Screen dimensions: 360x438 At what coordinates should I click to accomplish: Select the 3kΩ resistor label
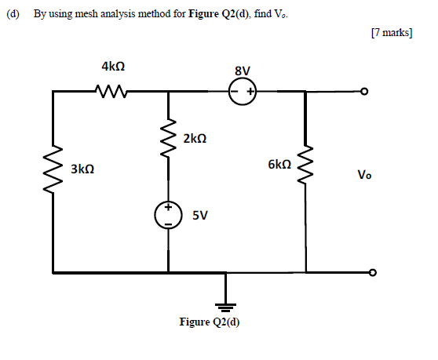[x=82, y=169]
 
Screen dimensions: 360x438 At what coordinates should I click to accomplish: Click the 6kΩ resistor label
[x=279, y=165]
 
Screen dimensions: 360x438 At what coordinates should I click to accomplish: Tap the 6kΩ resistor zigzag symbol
[x=306, y=165]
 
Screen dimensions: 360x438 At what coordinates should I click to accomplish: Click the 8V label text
[x=243, y=71]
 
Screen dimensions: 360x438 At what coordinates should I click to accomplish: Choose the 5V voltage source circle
[x=168, y=215]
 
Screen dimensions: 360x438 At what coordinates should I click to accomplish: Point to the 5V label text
[x=199, y=216]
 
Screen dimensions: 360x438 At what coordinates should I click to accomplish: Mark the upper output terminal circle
[x=363, y=92]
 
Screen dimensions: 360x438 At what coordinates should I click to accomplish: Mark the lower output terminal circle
[x=372, y=273]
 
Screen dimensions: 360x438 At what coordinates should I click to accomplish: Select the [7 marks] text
[x=389, y=35]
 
